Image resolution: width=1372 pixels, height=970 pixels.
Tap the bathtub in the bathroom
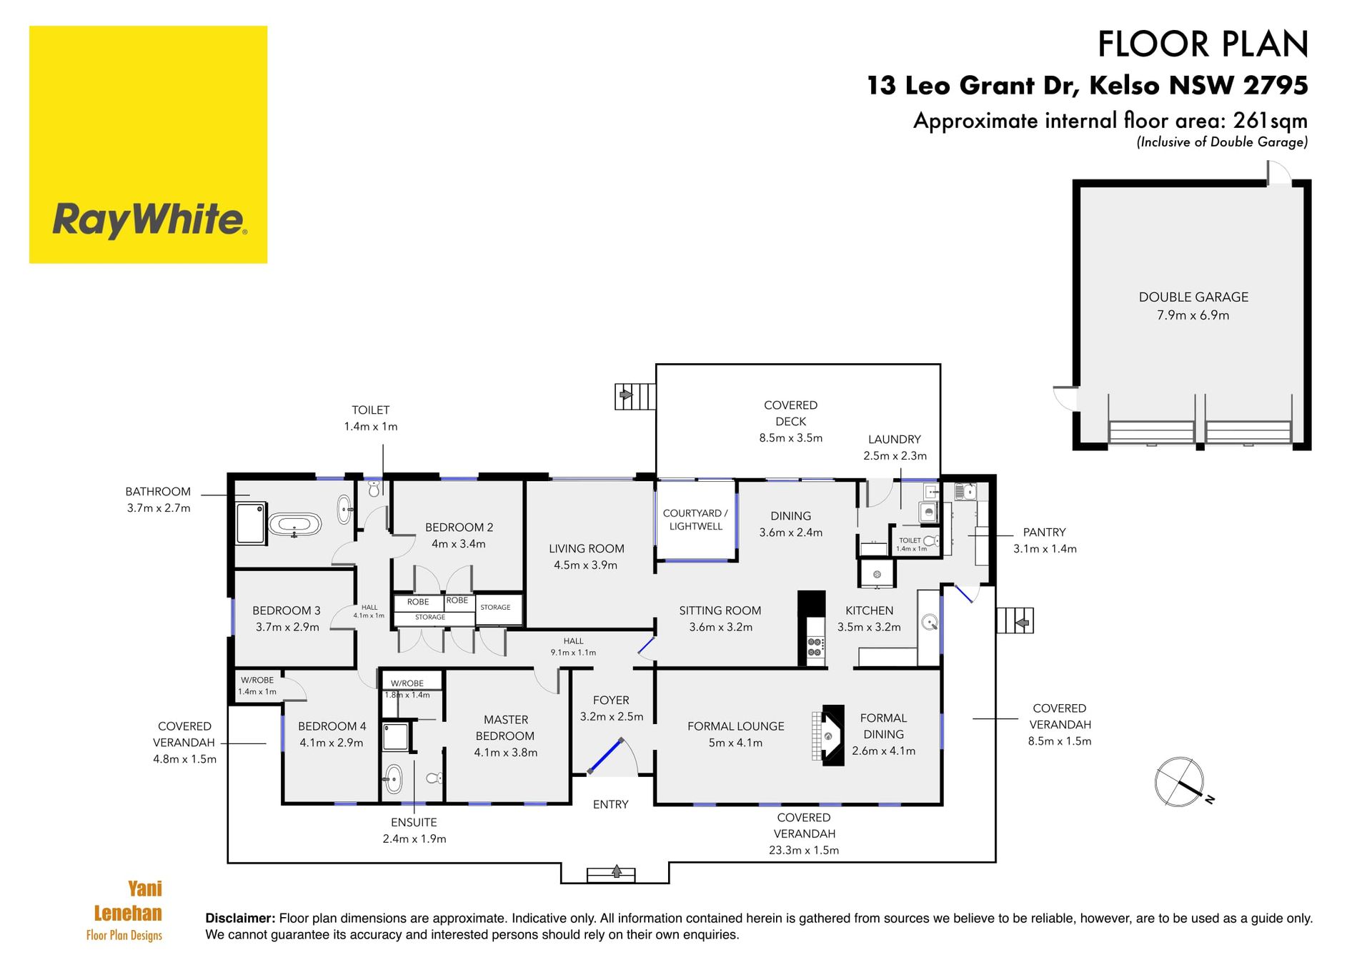click(x=294, y=525)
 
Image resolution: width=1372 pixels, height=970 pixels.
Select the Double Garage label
click(x=1193, y=297)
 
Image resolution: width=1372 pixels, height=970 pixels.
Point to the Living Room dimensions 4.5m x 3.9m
click(x=585, y=565)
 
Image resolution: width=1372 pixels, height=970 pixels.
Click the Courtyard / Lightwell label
click(x=695, y=520)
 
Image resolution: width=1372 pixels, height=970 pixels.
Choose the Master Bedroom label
click(x=505, y=728)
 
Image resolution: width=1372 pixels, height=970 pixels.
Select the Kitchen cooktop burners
click(x=815, y=647)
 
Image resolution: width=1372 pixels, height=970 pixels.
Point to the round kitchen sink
click(x=930, y=622)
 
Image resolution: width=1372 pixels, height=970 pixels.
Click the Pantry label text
click(x=1044, y=532)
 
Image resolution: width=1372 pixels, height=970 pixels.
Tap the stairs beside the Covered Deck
click(x=635, y=396)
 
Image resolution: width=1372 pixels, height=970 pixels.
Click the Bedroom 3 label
click(x=286, y=610)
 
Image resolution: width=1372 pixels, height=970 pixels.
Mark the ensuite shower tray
click(x=396, y=736)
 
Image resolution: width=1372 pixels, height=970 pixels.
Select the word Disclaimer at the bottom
click(x=240, y=918)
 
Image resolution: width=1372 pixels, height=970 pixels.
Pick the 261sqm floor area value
click(x=1271, y=120)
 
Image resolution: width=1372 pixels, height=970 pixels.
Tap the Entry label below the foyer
click(x=610, y=804)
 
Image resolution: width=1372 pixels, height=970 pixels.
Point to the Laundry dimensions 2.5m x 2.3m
click(x=895, y=455)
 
